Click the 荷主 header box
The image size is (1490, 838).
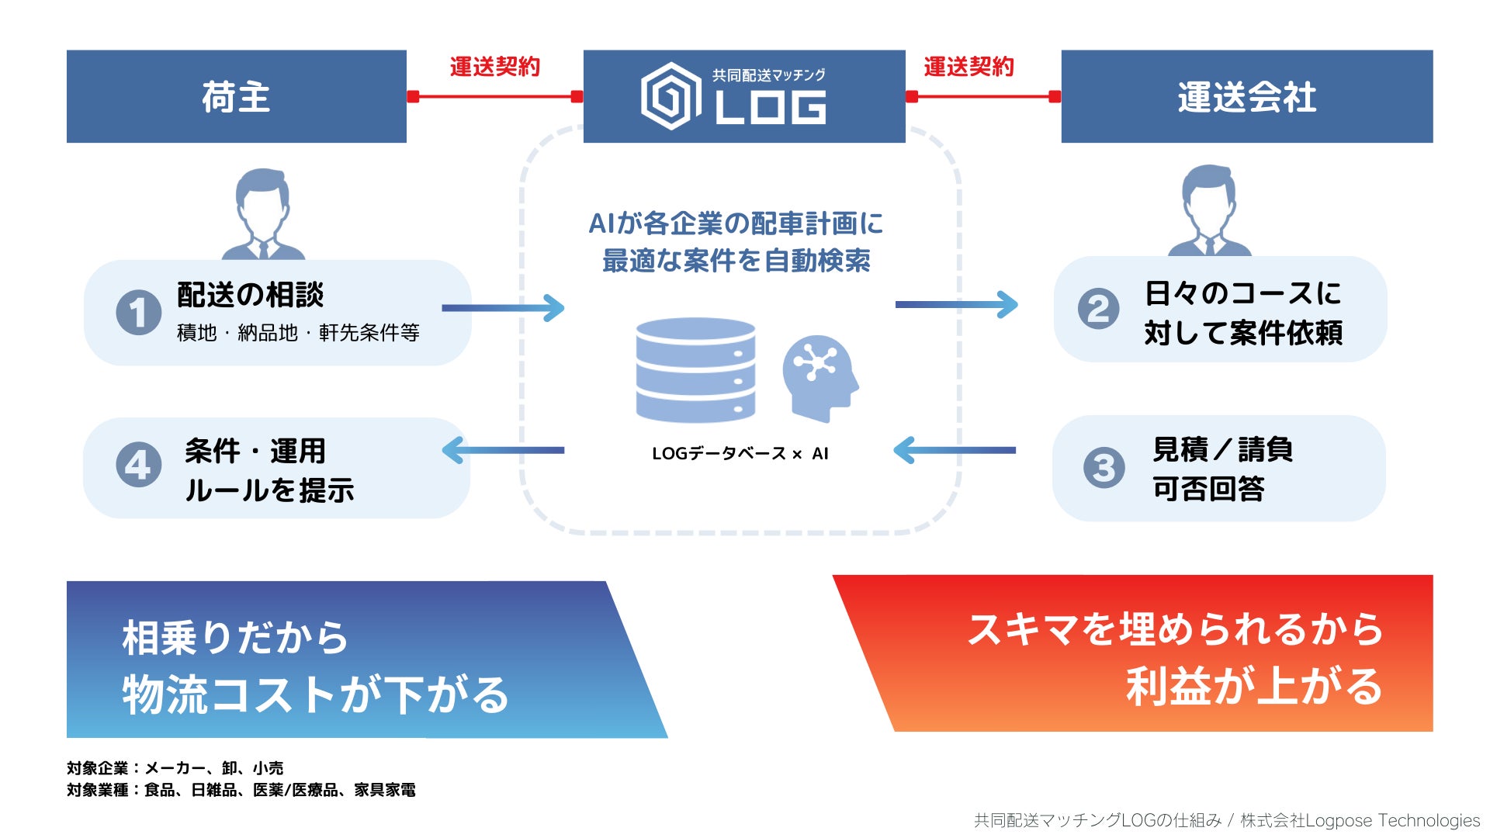[236, 96]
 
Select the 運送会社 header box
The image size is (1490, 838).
[1246, 96]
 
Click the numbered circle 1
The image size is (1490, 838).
[138, 312]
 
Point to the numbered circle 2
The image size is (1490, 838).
[1098, 309]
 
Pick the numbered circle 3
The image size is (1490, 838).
[1104, 467]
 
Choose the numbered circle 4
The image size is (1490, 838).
[138, 465]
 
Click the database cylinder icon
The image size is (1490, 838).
[695, 369]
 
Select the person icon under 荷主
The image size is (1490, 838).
[263, 215]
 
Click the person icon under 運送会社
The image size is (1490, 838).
[1209, 211]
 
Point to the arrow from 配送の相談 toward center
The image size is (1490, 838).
[503, 308]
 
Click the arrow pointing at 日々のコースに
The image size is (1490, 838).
[956, 304]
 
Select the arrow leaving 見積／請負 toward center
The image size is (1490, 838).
[955, 450]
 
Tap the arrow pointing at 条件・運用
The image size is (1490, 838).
[503, 450]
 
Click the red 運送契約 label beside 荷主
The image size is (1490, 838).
[494, 68]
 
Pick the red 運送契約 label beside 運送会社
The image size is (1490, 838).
[968, 68]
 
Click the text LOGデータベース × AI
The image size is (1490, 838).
[740, 454]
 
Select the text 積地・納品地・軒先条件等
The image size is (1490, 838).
[298, 333]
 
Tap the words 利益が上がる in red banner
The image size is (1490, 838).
[1254, 687]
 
